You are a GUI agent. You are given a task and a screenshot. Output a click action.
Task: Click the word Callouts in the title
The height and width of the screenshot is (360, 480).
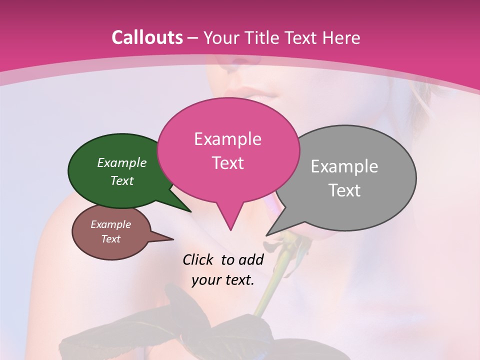(x=147, y=37)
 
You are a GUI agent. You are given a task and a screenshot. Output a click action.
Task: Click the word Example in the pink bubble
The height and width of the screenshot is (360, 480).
(x=227, y=139)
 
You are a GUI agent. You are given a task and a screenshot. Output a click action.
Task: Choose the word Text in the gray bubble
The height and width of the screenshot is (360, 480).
(x=344, y=190)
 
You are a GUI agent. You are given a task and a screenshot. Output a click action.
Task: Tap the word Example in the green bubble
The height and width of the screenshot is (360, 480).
(x=122, y=162)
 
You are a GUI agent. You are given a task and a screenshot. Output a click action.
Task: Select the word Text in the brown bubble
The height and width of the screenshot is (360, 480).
(x=111, y=239)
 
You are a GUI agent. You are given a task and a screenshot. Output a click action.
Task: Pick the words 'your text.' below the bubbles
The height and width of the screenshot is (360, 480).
(x=223, y=280)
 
